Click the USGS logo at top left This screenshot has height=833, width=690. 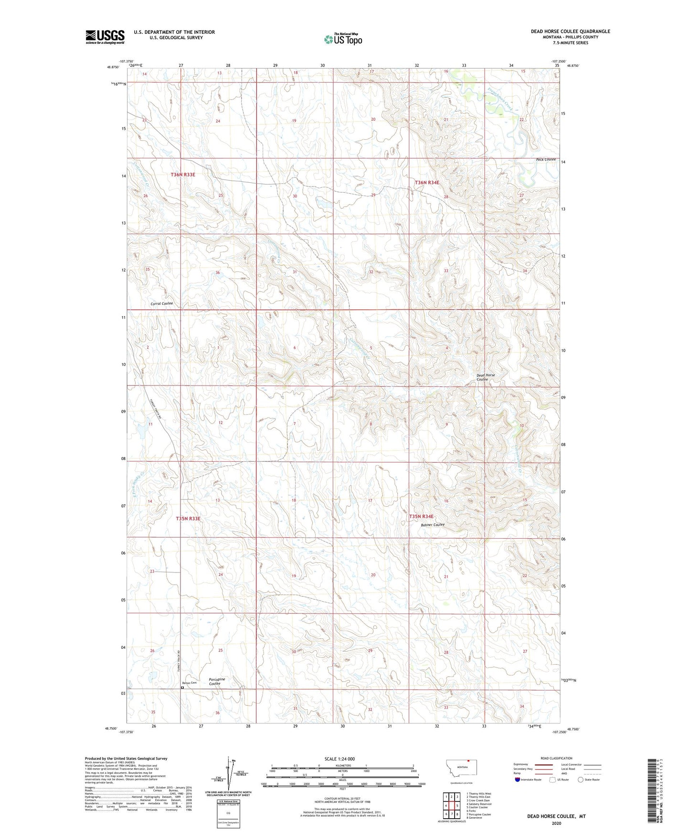[x=105, y=37]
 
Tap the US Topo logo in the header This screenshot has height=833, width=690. [x=343, y=39]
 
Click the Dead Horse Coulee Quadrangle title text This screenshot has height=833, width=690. [x=570, y=31]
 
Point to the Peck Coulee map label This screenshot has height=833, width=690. [x=545, y=159]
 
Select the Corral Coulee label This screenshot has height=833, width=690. [x=161, y=303]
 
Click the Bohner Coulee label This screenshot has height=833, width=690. [x=433, y=525]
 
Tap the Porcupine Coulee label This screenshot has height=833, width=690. [x=217, y=681]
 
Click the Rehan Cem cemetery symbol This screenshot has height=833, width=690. [x=182, y=687]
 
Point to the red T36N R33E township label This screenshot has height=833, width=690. [x=183, y=175]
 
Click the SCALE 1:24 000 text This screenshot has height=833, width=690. [x=340, y=759]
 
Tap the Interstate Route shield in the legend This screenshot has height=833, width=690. [x=518, y=780]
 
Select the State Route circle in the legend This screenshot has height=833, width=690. [x=581, y=780]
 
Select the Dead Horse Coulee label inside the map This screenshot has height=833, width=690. [x=486, y=377]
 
